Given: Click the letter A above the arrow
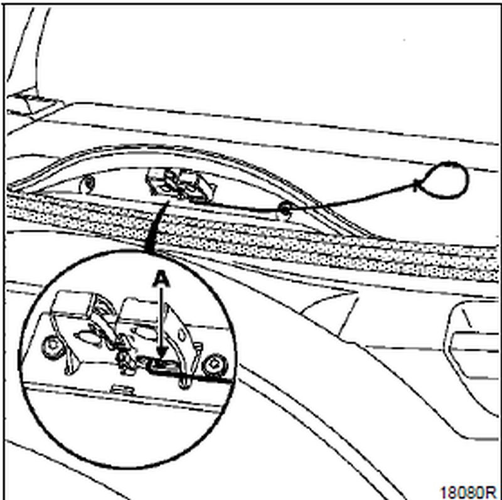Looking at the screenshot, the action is pos(161,279).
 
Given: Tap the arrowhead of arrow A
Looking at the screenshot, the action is pos(163,353).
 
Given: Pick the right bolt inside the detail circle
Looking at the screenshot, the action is pos(214,365).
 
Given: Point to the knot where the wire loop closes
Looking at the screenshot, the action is pos(416,185).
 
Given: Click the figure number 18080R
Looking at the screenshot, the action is pos(467,492).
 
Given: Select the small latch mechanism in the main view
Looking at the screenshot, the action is pos(180,186).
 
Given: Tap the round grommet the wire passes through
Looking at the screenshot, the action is pos(284,210).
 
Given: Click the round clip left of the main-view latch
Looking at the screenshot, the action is pos(88,184).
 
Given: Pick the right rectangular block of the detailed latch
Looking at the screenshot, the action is pos(141,309).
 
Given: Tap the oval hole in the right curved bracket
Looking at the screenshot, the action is pos(182,335).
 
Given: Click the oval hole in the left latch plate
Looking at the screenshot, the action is pos(86,337).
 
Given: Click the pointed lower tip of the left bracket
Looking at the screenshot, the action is pos(68,371).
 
